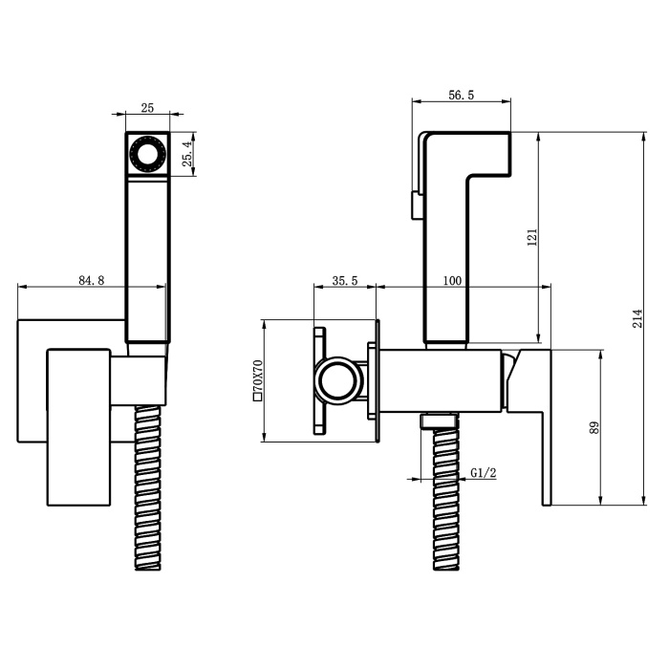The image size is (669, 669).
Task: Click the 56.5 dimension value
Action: click(x=461, y=96)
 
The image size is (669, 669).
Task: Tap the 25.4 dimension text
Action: click(x=187, y=154)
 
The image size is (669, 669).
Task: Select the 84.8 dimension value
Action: click(x=92, y=280)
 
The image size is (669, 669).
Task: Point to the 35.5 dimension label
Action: click(x=345, y=281)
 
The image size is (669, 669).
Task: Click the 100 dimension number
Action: click(x=452, y=281)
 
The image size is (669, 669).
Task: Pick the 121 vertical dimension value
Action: click(x=532, y=238)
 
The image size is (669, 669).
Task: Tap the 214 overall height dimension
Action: click(x=637, y=318)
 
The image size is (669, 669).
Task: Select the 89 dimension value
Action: click(x=594, y=428)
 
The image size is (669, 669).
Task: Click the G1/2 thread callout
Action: click(x=484, y=473)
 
